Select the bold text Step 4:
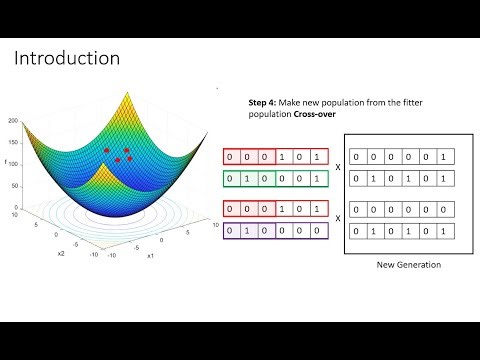[x=263, y=103]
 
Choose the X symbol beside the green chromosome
[x=338, y=168]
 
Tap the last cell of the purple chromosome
[x=317, y=229]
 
